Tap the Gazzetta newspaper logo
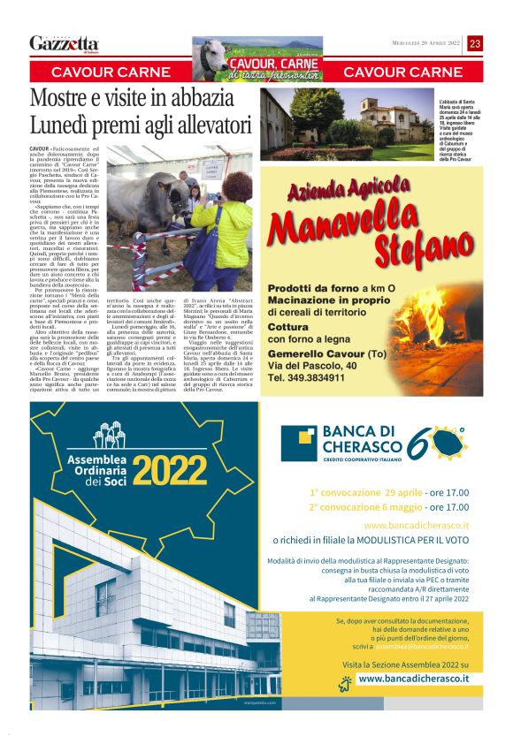[x=64, y=43]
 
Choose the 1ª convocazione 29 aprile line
[x=388, y=492]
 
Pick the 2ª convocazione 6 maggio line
[x=388, y=507]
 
